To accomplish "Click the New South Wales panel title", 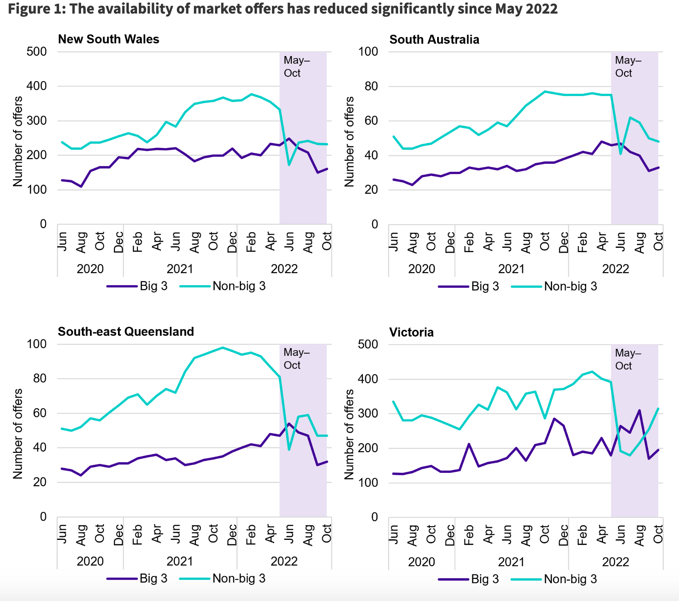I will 109,39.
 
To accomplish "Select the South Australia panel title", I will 434,39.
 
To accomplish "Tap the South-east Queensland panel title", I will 126,331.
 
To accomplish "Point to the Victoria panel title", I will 411,332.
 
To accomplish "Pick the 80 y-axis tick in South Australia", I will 368,86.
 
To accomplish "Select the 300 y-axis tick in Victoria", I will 368,413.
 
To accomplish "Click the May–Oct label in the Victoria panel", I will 628,359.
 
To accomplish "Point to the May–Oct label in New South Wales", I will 297,67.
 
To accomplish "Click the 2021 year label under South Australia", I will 511,269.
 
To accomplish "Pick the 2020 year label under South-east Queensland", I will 90,561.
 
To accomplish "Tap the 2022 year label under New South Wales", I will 284,269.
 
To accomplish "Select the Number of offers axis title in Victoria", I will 349,434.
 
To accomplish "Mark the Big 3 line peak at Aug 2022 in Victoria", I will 640,410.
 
